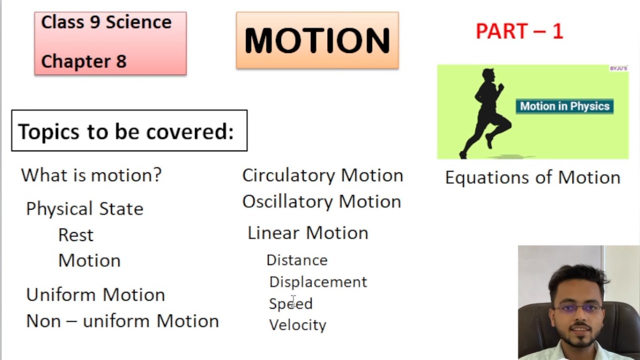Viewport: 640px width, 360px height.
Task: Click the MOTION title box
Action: point(317,40)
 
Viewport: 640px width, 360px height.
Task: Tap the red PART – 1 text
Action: point(519,31)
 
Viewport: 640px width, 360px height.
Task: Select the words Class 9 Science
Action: point(106,22)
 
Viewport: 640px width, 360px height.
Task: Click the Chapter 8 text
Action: point(83,61)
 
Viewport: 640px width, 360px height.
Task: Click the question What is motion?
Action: point(91,175)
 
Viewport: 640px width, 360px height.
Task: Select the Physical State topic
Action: point(84,208)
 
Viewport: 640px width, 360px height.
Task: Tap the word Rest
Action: point(75,235)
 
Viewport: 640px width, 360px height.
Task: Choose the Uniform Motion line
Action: point(95,294)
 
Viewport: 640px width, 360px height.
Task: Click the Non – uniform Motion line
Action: point(122,321)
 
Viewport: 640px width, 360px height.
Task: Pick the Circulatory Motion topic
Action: point(322,175)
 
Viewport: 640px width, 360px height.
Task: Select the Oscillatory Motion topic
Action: point(321,201)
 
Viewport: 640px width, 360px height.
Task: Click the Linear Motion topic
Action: point(307,233)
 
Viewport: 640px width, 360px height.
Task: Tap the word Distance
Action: point(297,260)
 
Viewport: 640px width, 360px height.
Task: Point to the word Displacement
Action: point(318,282)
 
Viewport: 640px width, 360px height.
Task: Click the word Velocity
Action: point(297,325)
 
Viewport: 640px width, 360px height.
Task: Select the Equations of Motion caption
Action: point(532,177)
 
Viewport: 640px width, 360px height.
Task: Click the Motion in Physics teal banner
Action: point(564,106)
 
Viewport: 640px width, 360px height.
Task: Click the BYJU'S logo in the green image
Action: point(618,68)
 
